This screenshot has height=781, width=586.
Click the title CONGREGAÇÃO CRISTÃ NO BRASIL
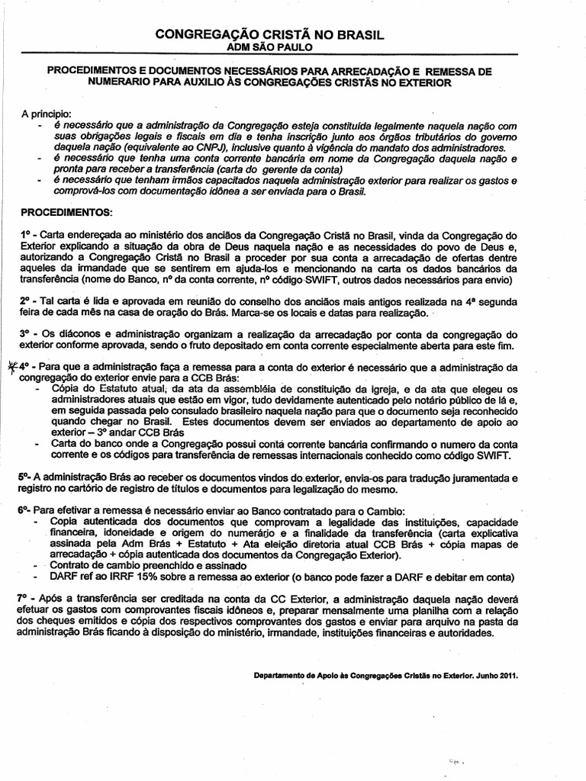[269, 35]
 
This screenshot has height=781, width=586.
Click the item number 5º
[23, 477]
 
